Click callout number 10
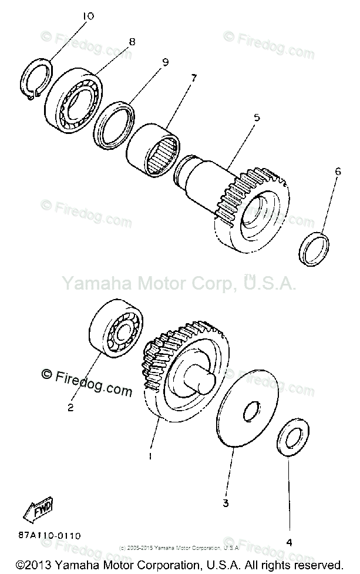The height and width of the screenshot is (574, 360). [x=88, y=16]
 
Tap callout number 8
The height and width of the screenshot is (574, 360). [x=132, y=42]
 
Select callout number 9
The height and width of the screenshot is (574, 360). [x=165, y=61]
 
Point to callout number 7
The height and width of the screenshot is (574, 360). [x=193, y=77]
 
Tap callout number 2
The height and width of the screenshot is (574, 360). [x=70, y=407]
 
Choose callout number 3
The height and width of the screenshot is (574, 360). [x=225, y=503]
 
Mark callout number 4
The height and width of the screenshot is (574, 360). [x=289, y=543]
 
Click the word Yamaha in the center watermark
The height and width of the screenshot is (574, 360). [x=92, y=284]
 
